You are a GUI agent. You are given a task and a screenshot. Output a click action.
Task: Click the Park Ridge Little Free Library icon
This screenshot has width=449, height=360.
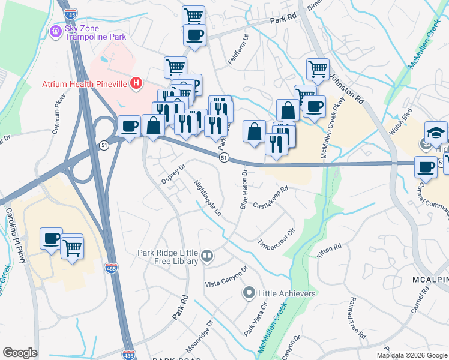coord(207,256)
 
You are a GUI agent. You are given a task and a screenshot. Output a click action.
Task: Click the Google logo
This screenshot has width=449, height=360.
coord(20,353)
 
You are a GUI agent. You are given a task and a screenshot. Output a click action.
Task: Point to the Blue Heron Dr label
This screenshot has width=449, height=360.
coord(244,190)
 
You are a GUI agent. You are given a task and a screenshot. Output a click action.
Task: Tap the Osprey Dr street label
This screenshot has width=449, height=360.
coord(173,171)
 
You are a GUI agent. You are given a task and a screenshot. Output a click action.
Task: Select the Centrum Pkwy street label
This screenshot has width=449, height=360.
coord(59,113)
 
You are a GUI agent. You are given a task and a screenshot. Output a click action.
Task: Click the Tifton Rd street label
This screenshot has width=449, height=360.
coord(329,251)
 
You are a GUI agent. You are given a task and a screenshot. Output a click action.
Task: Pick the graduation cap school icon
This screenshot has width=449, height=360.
coord(436,133)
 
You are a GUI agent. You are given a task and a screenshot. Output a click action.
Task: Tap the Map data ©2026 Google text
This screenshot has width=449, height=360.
coord(412,355)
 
